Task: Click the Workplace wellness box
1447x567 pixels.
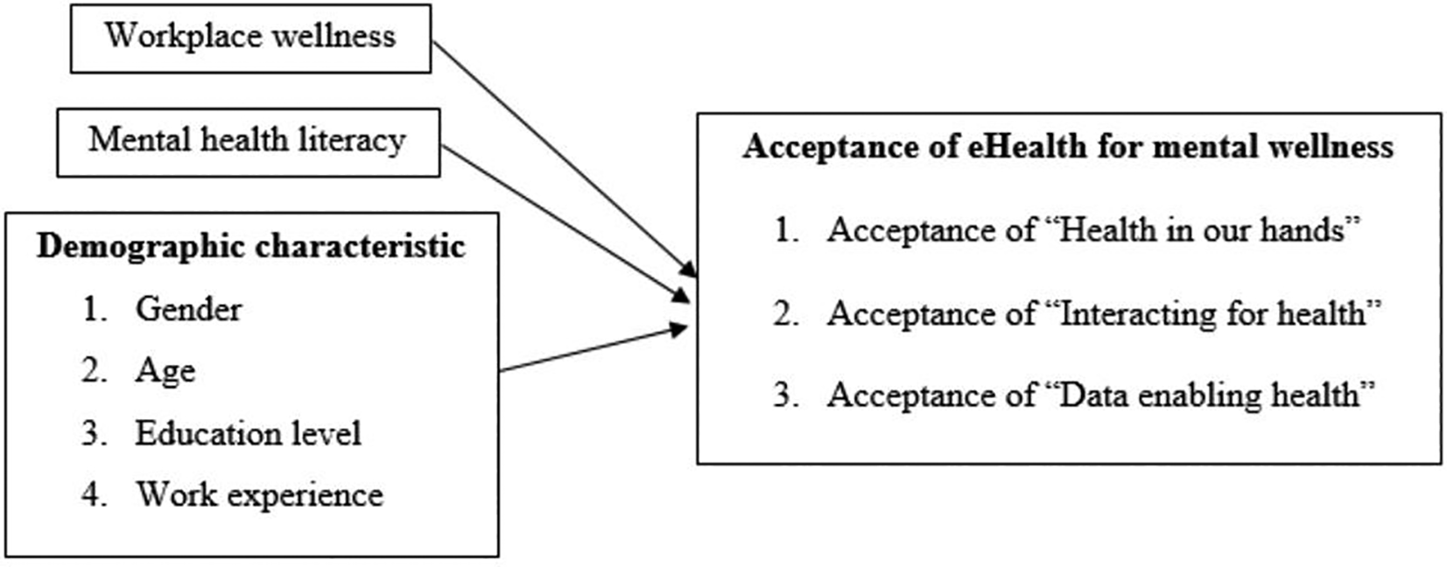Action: [250, 38]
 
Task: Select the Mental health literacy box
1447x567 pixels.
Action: [248, 142]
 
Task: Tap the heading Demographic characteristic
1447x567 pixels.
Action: [250, 247]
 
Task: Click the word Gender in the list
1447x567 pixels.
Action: [188, 309]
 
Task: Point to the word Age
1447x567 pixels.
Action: [165, 371]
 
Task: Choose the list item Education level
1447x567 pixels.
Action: [248, 434]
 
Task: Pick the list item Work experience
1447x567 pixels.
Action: [259, 495]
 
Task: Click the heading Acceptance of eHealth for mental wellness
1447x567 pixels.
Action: [1068, 146]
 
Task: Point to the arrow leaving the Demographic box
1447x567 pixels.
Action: [591, 349]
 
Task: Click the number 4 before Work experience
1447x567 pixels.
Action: [92, 495]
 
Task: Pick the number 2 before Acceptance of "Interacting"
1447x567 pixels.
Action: [784, 313]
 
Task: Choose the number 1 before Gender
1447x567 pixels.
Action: [92, 309]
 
